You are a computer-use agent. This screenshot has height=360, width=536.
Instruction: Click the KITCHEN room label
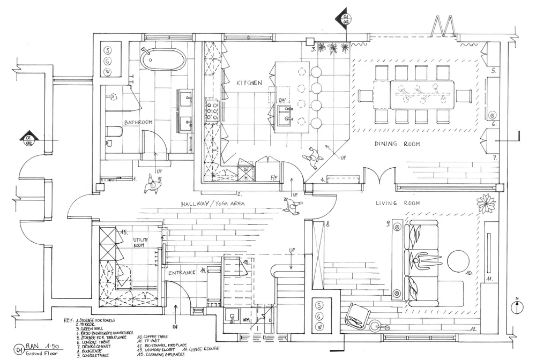(249, 83)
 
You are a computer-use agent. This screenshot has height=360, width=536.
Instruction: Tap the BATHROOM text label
(138, 123)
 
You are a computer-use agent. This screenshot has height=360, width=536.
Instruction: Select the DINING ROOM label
(397, 144)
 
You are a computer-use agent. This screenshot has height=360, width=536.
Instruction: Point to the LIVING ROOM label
(397, 203)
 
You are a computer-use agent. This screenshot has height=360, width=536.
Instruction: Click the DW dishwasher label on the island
(282, 100)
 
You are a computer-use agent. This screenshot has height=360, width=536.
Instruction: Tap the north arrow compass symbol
(516, 307)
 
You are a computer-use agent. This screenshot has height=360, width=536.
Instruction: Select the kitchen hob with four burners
(210, 111)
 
